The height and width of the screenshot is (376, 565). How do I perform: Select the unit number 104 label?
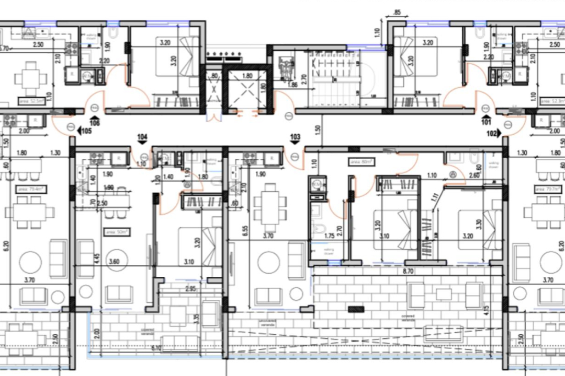coord(142,137)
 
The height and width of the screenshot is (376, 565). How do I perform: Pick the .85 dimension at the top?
coord(397,12)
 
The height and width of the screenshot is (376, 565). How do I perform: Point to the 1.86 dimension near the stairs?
coord(292,84)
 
